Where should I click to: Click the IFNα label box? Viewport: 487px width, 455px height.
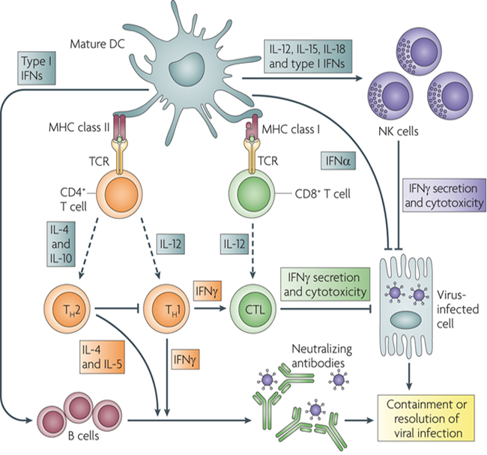coord(338,160)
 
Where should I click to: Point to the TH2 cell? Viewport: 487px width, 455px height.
coord(67,310)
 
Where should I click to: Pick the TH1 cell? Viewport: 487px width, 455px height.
coord(166,310)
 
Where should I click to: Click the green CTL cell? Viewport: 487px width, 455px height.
coord(252,310)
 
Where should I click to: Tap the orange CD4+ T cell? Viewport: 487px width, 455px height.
coord(119,193)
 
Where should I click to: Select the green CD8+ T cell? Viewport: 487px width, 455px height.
coord(252,193)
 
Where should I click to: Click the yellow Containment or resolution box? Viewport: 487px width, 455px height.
coord(426,418)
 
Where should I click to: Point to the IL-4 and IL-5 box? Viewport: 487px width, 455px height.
coord(102,357)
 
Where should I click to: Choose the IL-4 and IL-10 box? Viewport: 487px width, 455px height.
coord(61,244)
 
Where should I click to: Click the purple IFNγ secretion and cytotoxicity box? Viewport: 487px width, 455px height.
coord(444,195)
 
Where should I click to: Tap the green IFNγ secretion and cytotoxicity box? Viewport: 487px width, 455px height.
coord(325,284)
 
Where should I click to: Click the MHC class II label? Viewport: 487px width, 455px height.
coord(79,127)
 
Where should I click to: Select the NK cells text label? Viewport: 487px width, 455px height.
coord(398,131)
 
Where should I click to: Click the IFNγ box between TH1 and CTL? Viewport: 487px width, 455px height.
coord(207,291)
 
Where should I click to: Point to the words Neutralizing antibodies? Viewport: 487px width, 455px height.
coord(321,356)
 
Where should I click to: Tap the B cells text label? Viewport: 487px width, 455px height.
coord(83,436)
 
